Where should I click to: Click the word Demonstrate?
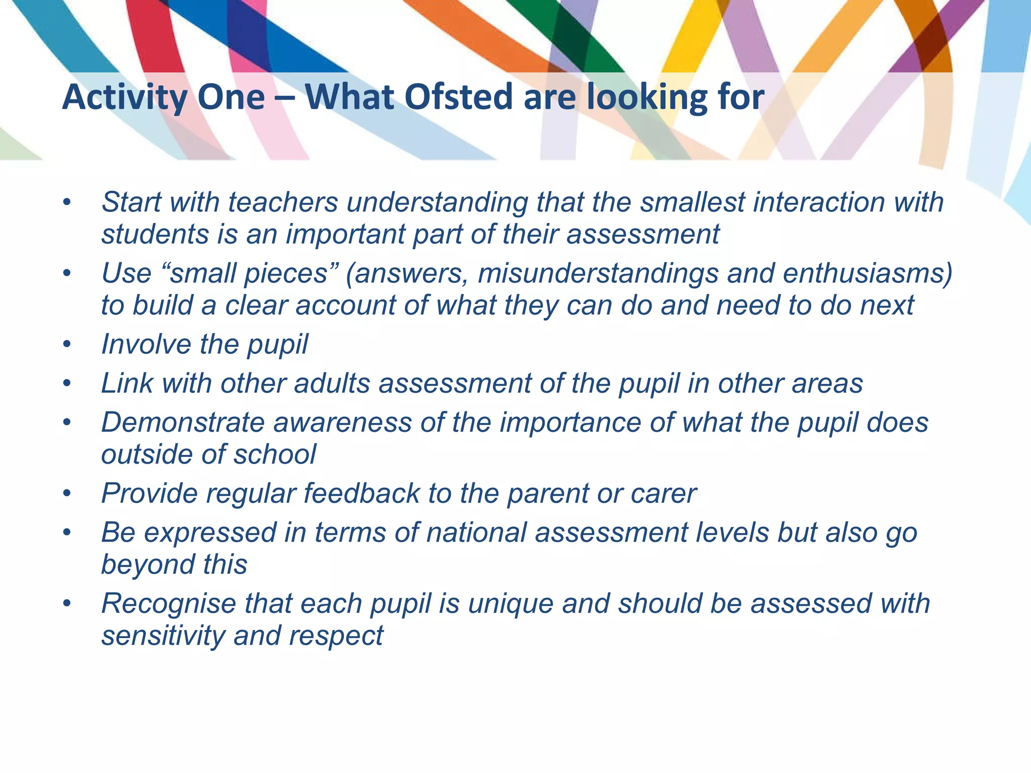coord(183,422)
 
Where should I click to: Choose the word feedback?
coord(361,493)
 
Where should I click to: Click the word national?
coord(476,532)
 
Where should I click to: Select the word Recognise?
coord(169,604)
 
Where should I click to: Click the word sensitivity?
coord(163,636)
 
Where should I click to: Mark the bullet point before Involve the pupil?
coord(67,345)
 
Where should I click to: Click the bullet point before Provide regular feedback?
coord(67,494)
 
